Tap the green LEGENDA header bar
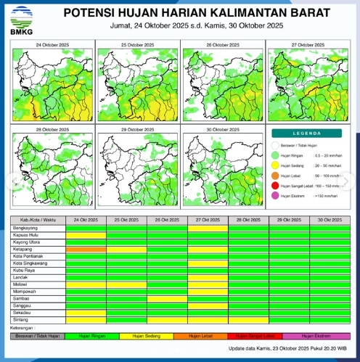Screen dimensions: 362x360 tap(305, 133)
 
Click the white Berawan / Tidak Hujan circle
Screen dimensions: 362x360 tap(276, 145)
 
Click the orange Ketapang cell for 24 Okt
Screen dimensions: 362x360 tap(86, 250)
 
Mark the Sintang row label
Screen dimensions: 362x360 tap(20, 318)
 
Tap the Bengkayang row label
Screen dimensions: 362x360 tap(25, 228)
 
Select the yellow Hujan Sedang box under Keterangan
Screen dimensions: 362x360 tap(146, 336)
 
